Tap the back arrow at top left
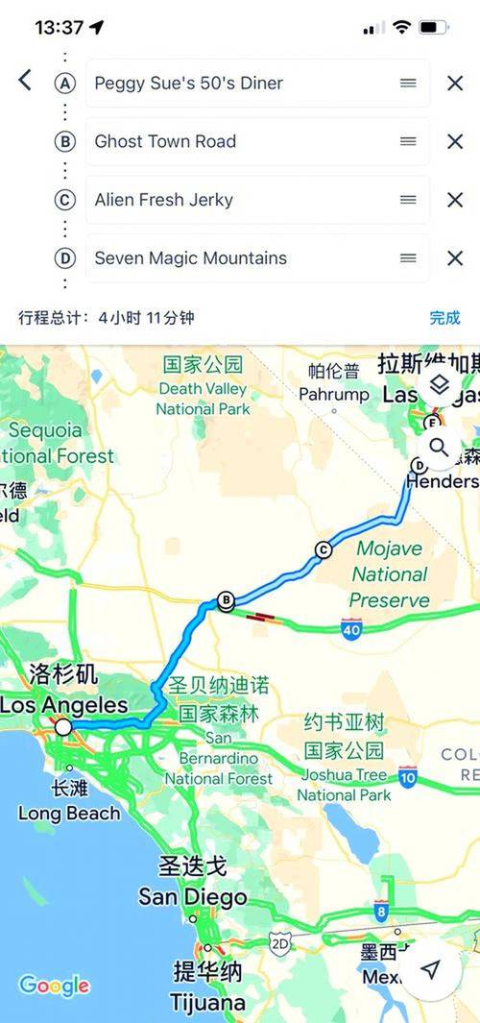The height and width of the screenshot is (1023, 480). (25, 81)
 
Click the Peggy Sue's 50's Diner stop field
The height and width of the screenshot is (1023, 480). (240, 84)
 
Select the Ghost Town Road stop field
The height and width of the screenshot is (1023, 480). (240, 141)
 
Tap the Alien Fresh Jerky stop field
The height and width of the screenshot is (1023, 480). (240, 200)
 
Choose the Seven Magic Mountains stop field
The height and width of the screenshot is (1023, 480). (240, 258)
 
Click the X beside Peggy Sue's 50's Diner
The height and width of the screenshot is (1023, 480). (455, 84)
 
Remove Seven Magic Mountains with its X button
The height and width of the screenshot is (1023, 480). (455, 258)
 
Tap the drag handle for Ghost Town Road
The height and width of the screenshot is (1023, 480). (408, 141)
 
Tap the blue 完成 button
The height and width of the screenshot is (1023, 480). (444, 318)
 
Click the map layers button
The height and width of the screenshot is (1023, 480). (439, 385)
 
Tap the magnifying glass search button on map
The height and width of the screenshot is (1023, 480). (439, 447)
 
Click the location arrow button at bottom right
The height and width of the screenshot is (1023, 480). (431, 970)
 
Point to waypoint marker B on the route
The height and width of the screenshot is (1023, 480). (226, 601)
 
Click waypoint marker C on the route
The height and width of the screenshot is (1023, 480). (323, 549)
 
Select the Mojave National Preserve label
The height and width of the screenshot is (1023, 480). (390, 574)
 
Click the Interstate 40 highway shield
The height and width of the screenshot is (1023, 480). (350, 628)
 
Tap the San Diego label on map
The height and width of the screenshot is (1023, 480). (192, 897)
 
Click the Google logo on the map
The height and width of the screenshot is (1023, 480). (54, 986)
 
